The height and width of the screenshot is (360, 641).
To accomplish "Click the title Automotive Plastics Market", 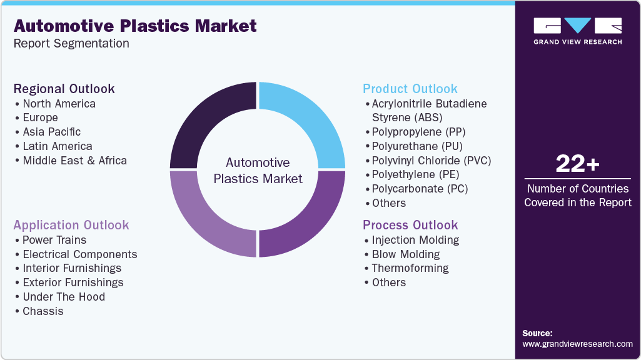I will [135, 26].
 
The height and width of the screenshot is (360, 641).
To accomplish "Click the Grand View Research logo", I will [577, 31].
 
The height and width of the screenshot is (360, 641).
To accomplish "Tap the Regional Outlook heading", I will [64, 89].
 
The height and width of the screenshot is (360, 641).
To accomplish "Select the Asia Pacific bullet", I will [51, 132].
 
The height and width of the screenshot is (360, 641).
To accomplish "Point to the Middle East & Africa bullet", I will [74, 161].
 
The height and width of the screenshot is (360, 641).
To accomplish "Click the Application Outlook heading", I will [71, 225].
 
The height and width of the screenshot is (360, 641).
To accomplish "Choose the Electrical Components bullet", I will [79, 254].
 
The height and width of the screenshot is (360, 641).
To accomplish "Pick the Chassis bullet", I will [43, 311].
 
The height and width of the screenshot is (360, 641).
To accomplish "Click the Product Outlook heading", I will [410, 89].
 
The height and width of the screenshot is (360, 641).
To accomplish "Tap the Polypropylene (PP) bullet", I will [418, 132].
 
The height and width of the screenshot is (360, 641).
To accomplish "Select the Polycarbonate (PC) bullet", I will [420, 189].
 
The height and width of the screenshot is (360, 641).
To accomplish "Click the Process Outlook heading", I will [410, 225].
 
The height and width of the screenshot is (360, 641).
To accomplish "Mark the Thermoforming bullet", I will [410, 268].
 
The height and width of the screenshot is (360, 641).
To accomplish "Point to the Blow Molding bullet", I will [405, 254].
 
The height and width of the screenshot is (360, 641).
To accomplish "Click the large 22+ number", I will [577, 164].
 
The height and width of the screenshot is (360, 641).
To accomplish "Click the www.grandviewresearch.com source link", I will [577, 344].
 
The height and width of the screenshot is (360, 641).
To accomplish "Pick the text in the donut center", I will [258, 171].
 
